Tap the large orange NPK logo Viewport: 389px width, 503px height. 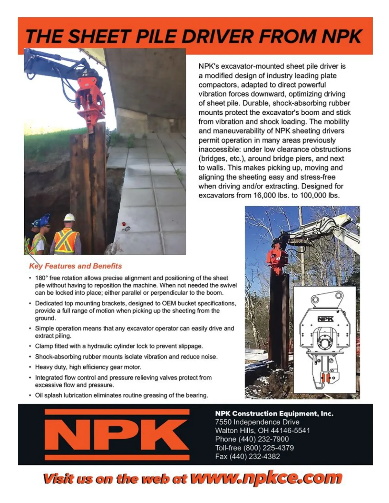[117, 434]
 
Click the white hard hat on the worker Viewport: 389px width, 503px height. [69, 217]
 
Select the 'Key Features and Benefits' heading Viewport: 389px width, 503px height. [75, 266]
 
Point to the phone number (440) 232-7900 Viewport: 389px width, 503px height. [264, 439]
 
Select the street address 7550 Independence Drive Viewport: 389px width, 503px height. [257, 422]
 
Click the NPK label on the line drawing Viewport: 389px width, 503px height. [325, 319]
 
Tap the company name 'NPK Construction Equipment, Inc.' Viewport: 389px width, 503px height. [274, 414]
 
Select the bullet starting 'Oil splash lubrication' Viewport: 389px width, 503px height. [122, 395]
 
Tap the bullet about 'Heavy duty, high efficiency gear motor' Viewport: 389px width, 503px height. [88, 367]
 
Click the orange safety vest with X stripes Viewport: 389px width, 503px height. [66, 241]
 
